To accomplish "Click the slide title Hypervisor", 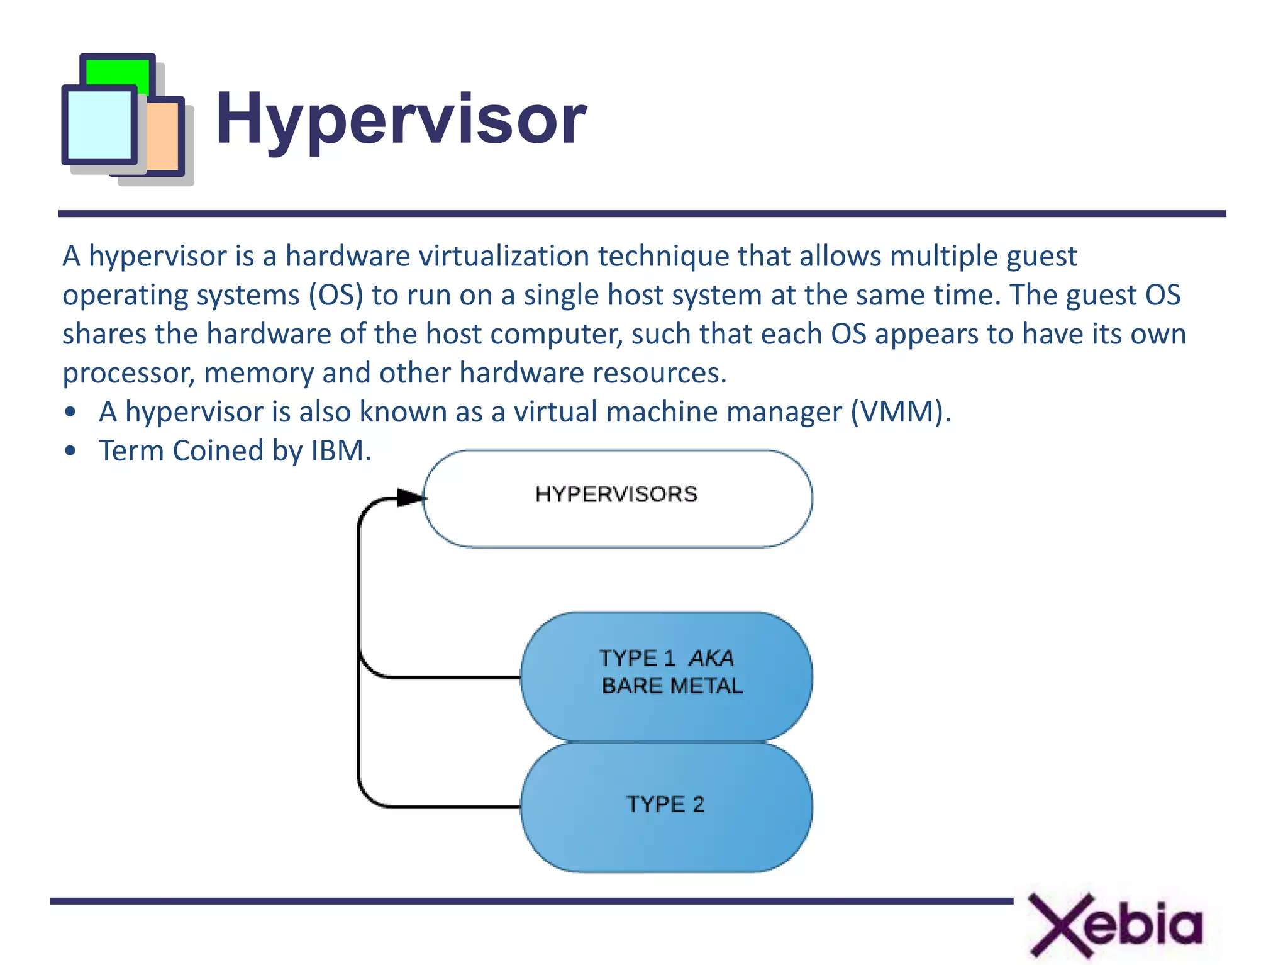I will tap(401, 120).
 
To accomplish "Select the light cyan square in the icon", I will tap(99, 125).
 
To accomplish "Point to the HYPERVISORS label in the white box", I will tap(616, 494).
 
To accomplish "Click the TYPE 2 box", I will tap(665, 805).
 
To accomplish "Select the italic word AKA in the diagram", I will tap(711, 658).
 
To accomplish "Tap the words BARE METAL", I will tap(672, 686).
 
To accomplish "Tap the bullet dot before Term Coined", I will tap(70, 451).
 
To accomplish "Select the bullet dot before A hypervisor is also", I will tap(70, 413).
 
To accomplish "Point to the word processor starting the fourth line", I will tap(128, 374).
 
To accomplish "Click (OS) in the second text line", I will tap(336, 296).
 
